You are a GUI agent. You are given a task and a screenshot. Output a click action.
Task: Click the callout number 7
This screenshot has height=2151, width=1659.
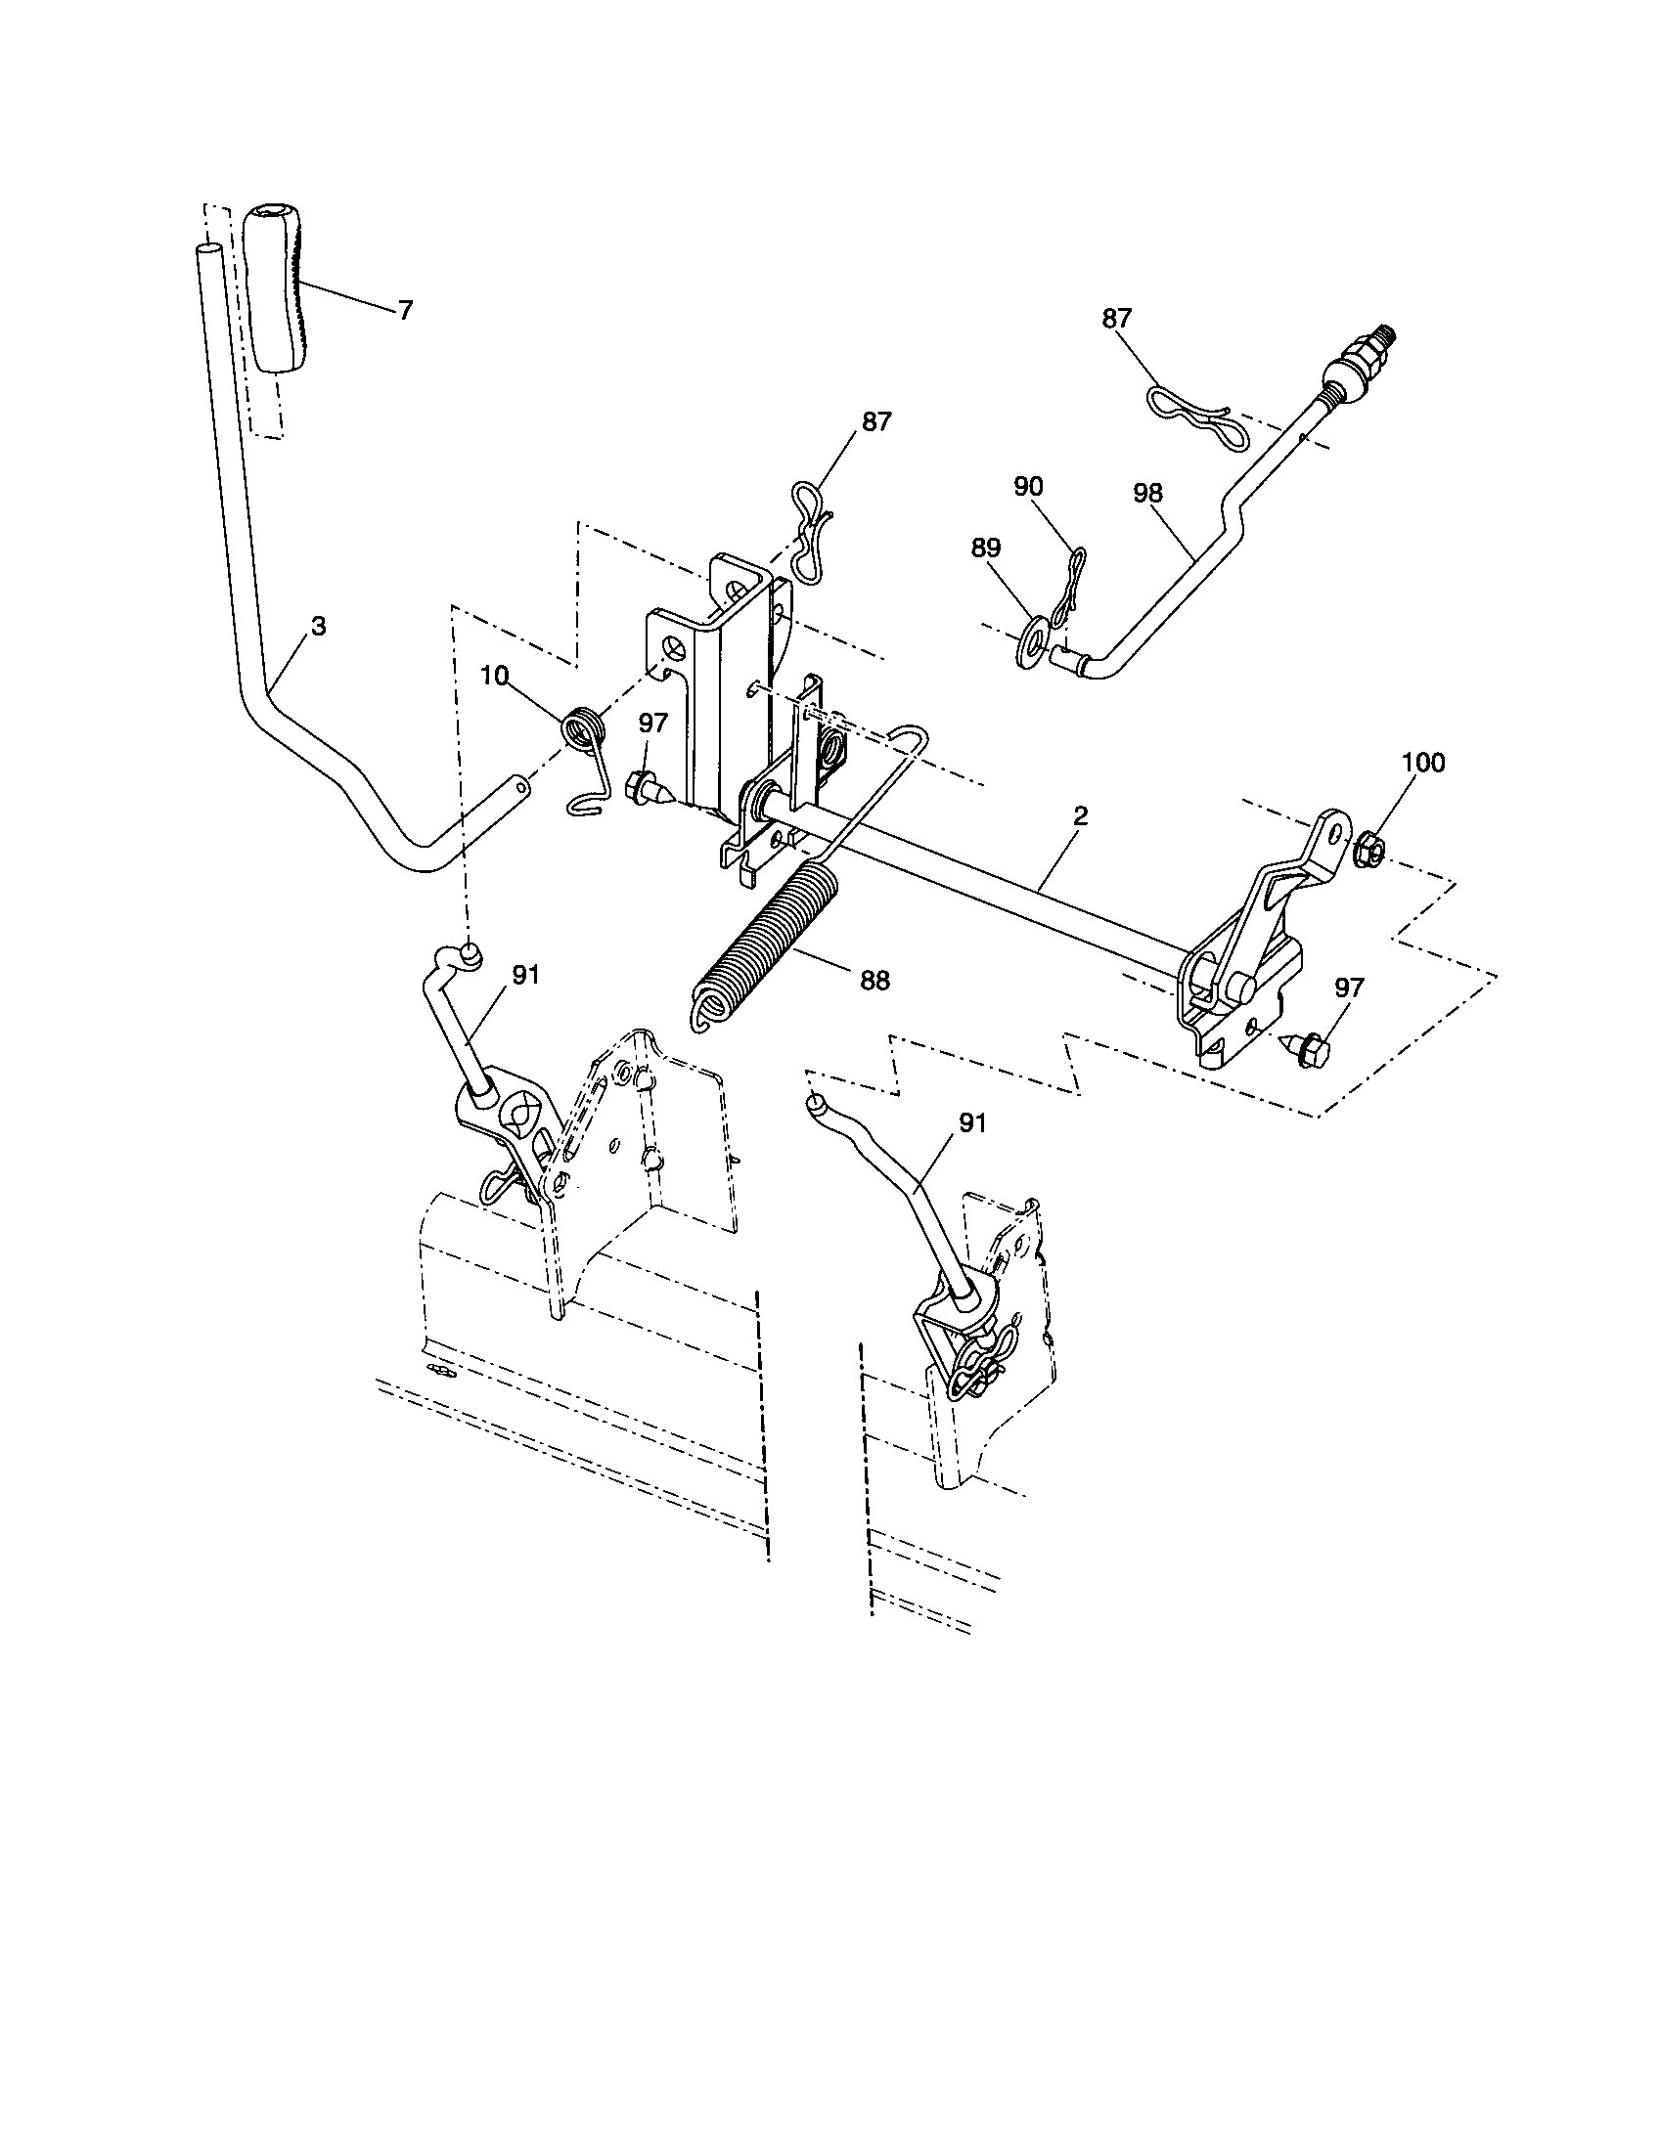405,310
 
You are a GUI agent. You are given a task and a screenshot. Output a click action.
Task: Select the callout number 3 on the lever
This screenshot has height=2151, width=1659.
318,627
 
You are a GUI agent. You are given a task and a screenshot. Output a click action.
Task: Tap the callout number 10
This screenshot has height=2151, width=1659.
496,676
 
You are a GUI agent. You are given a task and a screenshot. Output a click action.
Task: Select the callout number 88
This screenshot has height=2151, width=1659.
874,980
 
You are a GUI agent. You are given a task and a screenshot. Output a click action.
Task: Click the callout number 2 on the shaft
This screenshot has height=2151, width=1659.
1081,815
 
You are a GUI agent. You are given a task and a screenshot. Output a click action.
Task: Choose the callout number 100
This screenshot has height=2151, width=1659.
1422,763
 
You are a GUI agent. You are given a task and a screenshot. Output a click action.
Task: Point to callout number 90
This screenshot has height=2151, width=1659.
1028,487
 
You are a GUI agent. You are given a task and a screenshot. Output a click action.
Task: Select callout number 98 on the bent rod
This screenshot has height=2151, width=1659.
1147,493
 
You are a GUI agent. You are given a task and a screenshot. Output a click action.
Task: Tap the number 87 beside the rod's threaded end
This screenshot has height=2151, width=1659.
1116,319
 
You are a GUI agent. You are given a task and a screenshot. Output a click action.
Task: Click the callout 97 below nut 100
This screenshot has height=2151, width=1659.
1348,988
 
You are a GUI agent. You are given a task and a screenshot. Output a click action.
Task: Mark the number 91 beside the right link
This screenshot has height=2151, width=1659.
972,1122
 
